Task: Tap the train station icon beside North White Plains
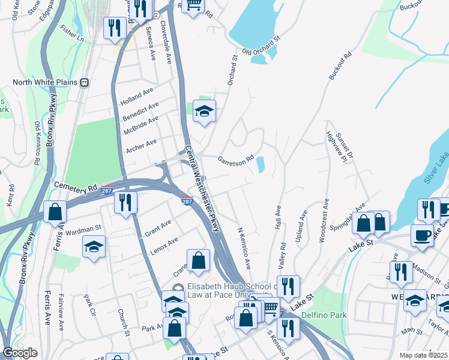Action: pyautogui.click(x=85, y=83)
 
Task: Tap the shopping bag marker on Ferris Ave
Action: pyautogui.click(x=55, y=212)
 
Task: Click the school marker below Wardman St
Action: pyautogui.click(x=94, y=247)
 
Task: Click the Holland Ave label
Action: pyautogui.click(x=137, y=95)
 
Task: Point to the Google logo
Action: pyautogui.click(x=20, y=353)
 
